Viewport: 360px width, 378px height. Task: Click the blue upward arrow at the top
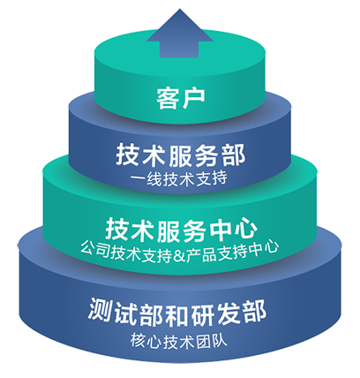click(180, 34)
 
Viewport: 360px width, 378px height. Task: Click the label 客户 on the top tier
click(180, 98)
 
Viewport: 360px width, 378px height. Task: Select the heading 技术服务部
click(180, 155)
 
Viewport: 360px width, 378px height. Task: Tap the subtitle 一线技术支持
click(179, 179)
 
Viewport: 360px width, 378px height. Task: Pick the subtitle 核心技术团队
click(179, 342)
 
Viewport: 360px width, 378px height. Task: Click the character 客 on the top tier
click(168, 98)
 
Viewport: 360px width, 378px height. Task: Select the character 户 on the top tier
click(193, 98)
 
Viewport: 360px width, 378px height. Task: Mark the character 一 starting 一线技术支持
click(138, 179)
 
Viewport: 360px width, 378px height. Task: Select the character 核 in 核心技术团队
click(138, 342)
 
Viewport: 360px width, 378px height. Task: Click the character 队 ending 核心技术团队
click(220, 342)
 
